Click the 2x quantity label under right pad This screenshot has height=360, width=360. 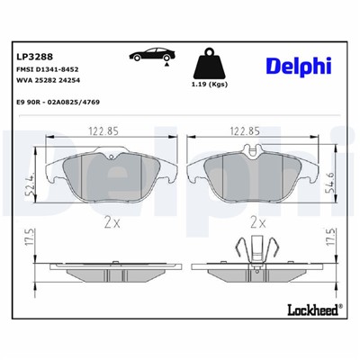(x=257, y=221)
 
